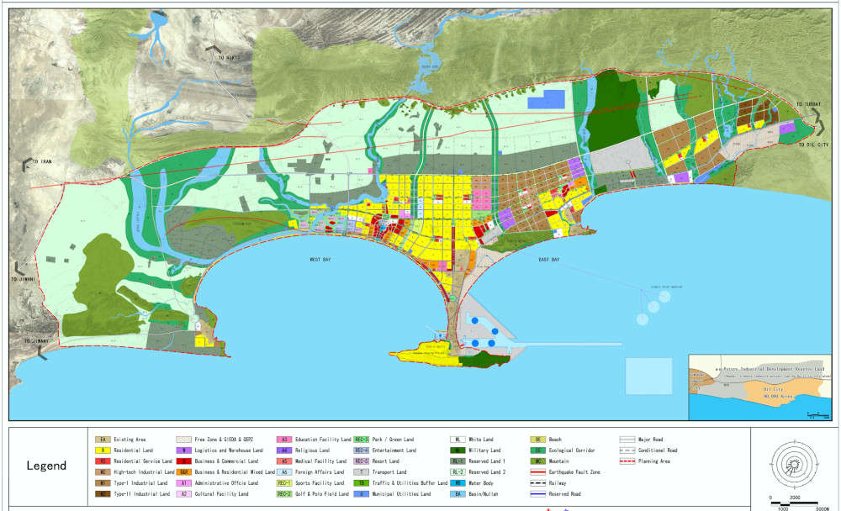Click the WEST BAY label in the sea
tap(320, 261)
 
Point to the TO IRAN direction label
tap(40, 161)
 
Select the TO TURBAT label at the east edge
tap(807, 104)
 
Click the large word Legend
tap(46, 466)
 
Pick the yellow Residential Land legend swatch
tap(101, 450)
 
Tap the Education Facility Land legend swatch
tap(285, 440)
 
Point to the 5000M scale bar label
tap(822, 505)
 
